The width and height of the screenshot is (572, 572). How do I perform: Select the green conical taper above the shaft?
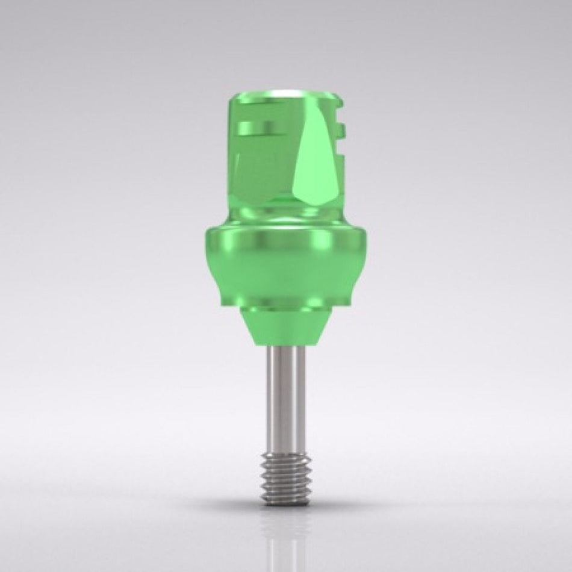pos(285,328)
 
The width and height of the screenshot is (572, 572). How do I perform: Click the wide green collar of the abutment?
pos(285,265)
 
